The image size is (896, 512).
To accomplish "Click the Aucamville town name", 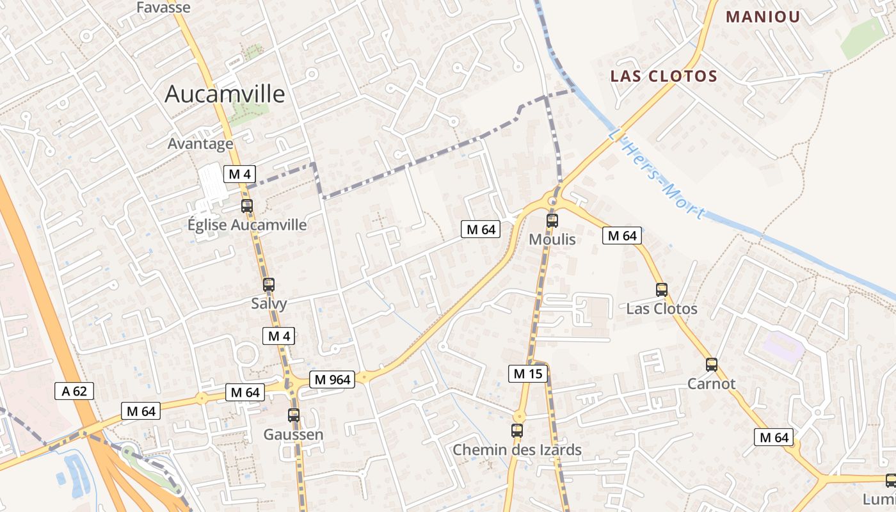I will tap(225, 94).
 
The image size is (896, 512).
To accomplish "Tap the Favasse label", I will tap(164, 8).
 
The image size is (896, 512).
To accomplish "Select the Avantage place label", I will tap(200, 143).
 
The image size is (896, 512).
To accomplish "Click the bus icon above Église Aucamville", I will tap(246, 206).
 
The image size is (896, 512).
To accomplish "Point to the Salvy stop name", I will tap(269, 303).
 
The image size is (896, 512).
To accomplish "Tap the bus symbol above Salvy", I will tap(269, 285).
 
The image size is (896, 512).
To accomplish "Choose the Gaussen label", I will tap(294, 435).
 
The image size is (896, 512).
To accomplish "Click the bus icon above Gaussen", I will tap(294, 415).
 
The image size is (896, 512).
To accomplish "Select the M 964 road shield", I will tap(332, 380).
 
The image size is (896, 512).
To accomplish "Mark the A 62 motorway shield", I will tap(74, 391).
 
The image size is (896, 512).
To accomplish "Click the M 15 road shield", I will tap(528, 373).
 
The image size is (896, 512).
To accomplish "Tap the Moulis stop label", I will tap(552, 239).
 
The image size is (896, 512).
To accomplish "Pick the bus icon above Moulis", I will tap(552, 221).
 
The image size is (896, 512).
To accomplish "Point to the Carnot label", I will tap(711, 384).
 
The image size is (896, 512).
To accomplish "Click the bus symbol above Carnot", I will tap(712, 365).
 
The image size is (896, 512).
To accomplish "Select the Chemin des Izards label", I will tap(517, 450).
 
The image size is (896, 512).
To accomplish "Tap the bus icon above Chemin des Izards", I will tap(517, 431).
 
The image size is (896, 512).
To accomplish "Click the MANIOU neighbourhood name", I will tap(763, 17).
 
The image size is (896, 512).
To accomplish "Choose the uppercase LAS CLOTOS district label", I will tap(664, 76).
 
